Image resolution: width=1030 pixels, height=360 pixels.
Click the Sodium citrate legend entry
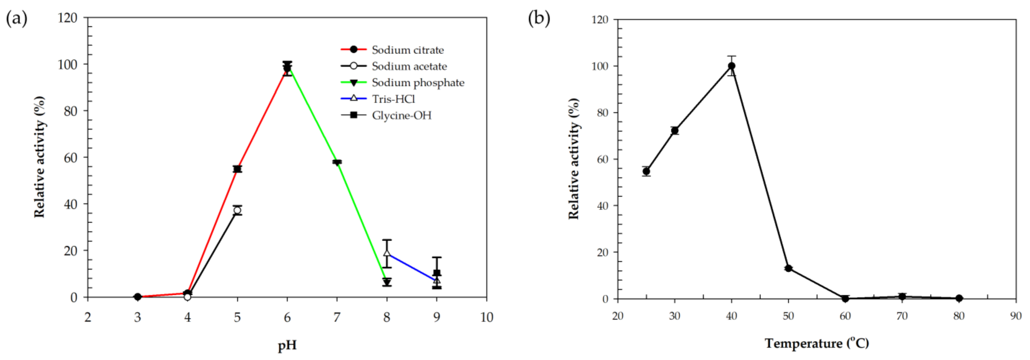click(x=407, y=50)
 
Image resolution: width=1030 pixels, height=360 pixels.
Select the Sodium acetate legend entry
click(x=409, y=66)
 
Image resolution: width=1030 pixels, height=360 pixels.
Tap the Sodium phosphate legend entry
click(x=418, y=83)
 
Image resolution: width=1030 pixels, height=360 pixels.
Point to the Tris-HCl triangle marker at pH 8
click(x=387, y=253)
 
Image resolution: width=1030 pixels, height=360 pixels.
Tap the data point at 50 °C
click(x=788, y=268)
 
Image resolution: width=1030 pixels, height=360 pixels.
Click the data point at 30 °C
click(x=675, y=130)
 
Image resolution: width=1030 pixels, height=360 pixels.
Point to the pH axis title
click(x=287, y=345)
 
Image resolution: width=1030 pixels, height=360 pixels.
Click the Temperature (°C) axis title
click(x=817, y=343)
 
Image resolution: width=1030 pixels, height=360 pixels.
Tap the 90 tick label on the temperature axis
click(x=1016, y=316)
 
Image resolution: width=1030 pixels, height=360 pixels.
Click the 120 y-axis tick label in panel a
click(x=68, y=18)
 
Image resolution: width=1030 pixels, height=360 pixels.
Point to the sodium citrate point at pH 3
click(x=138, y=297)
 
